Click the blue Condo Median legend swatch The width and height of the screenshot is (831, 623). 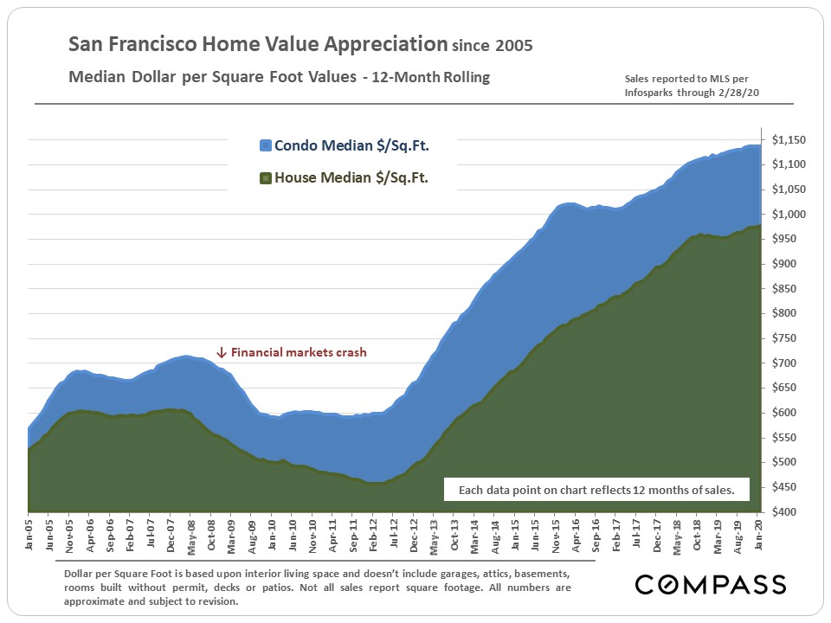pyautogui.click(x=266, y=146)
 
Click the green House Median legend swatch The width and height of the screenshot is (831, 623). pyautogui.click(x=266, y=179)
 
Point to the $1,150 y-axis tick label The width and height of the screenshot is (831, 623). pyautogui.click(x=789, y=140)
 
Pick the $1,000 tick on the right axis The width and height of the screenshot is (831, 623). pyautogui.click(x=789, y=215)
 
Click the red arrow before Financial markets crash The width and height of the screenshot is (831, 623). pyautogui.click(x=222, y=353)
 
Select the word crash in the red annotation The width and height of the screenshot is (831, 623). pyautogui.click(x=350, y=353)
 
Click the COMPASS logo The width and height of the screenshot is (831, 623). pyautogui.click(x=711, y=584)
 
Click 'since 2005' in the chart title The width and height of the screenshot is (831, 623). pyautogui.click(x=491, y=45)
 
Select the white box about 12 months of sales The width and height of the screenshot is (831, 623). pyautogui.click(x=596, y=491)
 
